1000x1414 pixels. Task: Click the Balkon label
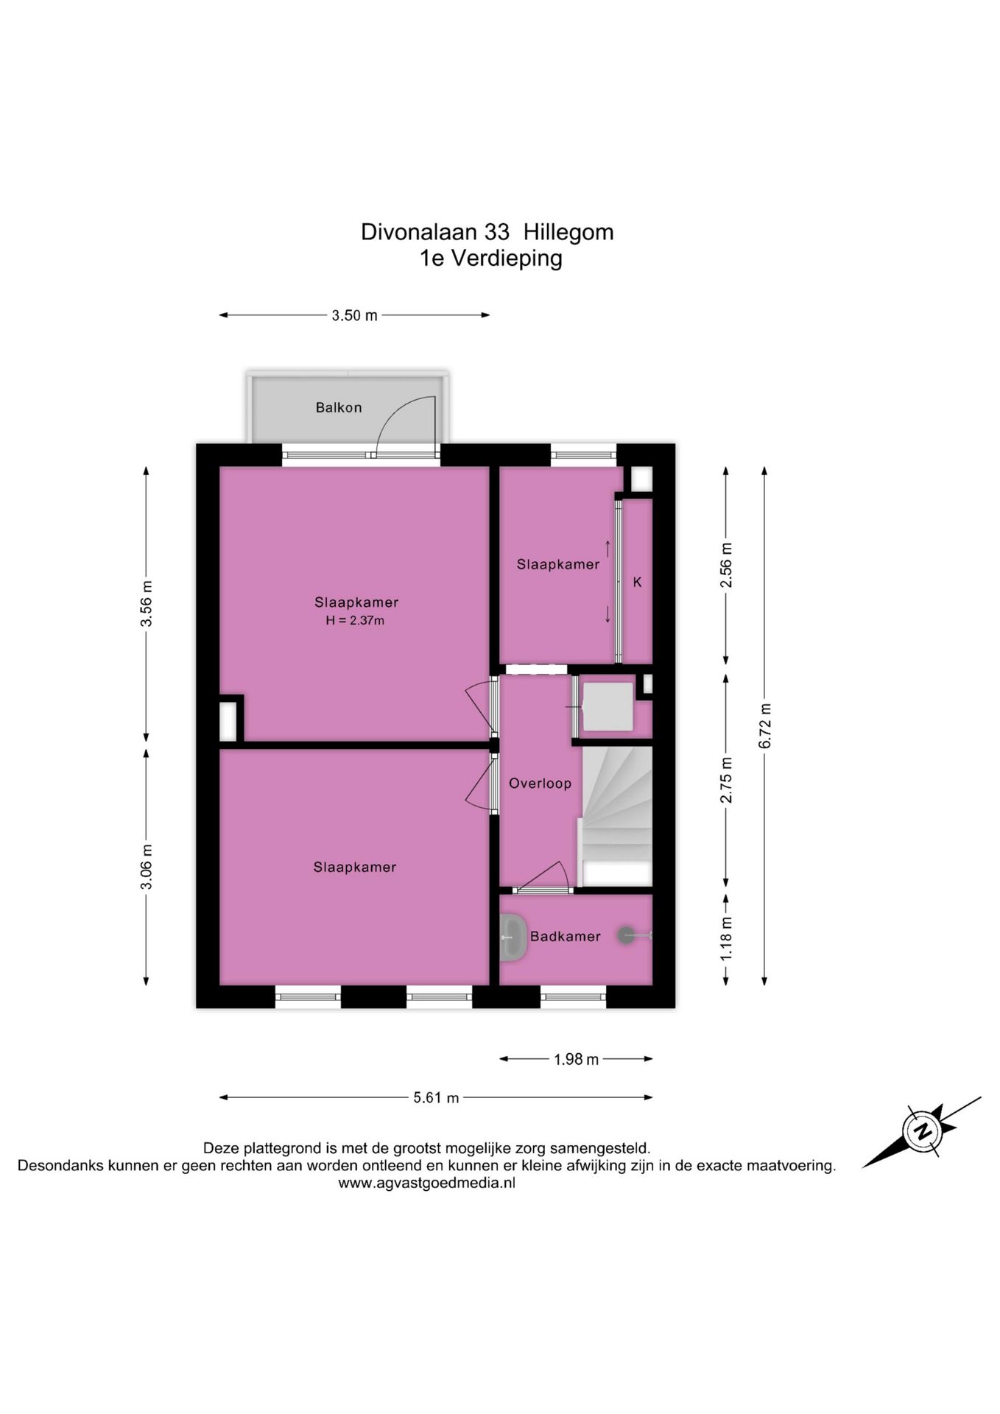339,407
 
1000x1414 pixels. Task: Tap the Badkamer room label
566,936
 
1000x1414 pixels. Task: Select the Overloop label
540,784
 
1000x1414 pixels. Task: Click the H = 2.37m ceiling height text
355,620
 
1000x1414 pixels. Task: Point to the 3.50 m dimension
354,315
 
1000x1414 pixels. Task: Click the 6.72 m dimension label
765,725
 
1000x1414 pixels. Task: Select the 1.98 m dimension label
577,1059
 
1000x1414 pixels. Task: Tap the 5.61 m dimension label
436,1097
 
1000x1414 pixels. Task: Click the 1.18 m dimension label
727,938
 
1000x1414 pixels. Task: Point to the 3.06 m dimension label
147,866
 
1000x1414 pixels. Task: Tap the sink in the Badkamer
513,937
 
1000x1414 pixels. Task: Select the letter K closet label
638,582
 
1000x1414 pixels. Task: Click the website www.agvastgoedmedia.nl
427,1183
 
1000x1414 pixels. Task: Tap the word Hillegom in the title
568,232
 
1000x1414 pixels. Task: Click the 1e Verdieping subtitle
490,258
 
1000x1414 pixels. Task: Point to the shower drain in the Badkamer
626,935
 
